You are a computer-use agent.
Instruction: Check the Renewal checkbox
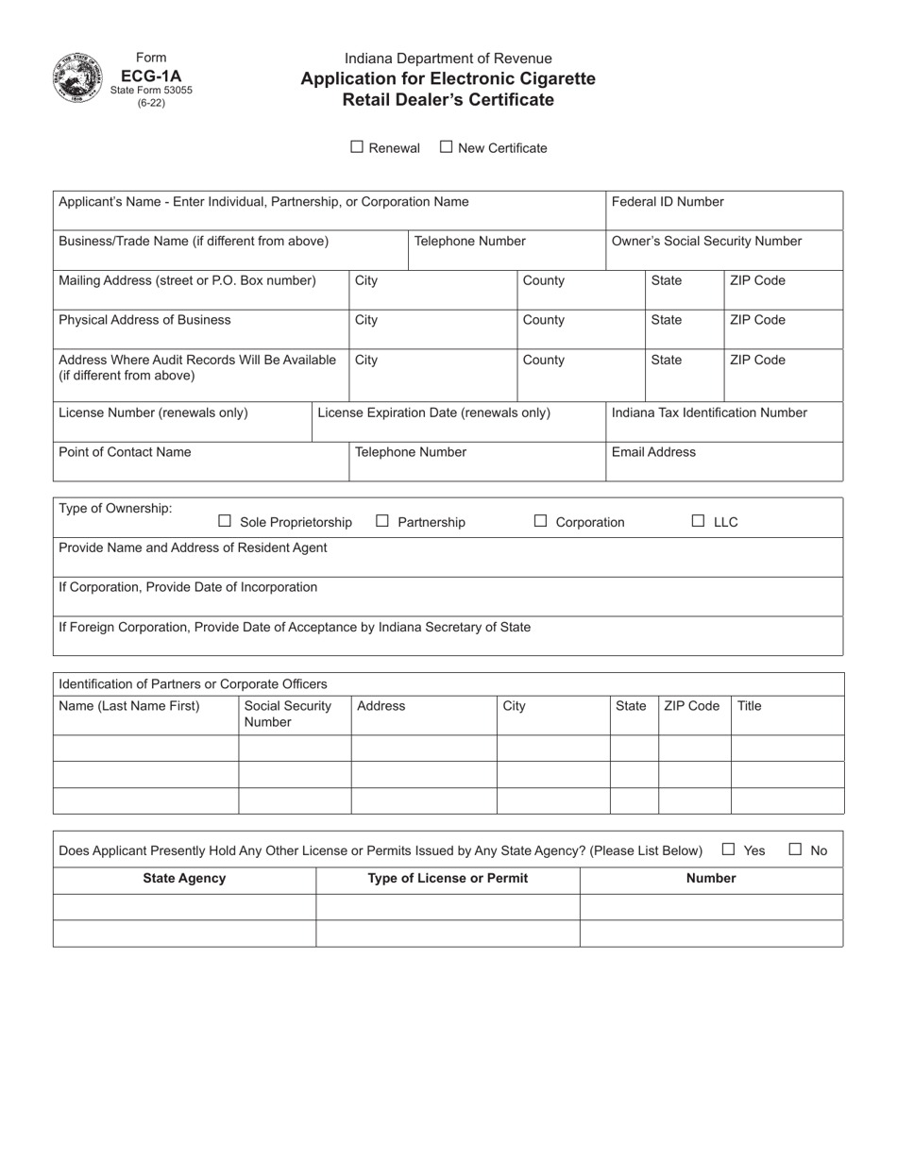tap(357, 147)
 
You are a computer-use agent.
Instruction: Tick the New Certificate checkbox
tap(447, 147)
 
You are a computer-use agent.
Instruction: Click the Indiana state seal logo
tap(76, 77)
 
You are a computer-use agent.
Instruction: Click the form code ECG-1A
tap(151, 74)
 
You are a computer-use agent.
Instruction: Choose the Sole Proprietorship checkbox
tap(225, 521)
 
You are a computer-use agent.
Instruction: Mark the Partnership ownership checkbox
tap(382, 521)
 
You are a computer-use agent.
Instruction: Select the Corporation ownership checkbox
tap(541, 521)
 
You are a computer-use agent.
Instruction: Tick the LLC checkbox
tap(699, 521)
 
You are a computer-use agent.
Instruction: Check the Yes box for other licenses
tap(728, 850)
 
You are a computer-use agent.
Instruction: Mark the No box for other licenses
tap(795, 850)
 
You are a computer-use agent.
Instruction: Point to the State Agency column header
tap(184, 879)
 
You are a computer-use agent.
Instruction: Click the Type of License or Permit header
tap(448, 879)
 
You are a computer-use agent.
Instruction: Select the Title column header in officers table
tap(749, 706)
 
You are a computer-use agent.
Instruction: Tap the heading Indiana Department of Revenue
tap(448, 59)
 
